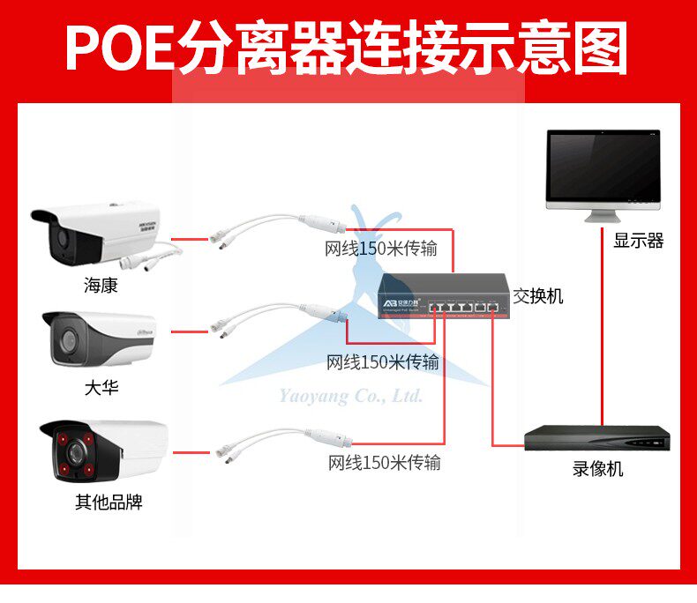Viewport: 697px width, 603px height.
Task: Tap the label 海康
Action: (101, 286)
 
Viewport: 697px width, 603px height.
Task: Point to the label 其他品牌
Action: (109, 502)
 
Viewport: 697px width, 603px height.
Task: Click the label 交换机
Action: (537, 296)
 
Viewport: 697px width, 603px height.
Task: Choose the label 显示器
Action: (638, 241)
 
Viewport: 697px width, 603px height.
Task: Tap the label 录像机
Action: (597, 468)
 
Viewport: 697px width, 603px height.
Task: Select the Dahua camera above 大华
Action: (97, 339)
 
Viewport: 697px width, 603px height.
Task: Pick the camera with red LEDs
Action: (101, 450)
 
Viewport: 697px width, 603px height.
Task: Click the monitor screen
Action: (603, 167)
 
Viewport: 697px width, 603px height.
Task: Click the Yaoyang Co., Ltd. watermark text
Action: (351, 396)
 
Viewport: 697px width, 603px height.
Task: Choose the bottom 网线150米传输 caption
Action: (384, 462)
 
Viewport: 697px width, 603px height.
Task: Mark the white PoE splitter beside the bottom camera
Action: (282, 443)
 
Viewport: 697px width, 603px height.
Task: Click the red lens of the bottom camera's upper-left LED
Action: (63, 439)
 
